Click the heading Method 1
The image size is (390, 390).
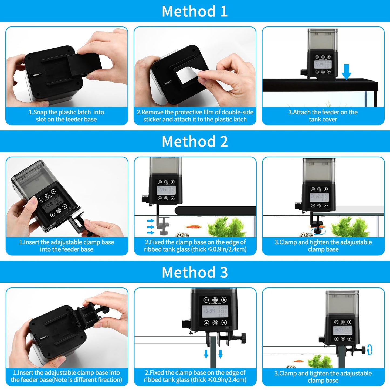point(195,11)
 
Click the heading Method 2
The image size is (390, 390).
point(195,141)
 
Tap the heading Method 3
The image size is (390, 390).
point(195,272)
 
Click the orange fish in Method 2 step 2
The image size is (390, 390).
point(194,227)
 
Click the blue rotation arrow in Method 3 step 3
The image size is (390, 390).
point(370,350)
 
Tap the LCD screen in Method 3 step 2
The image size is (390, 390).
point(215,311)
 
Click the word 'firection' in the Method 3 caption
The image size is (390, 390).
point(109,380)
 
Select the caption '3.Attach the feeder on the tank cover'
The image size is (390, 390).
point(323,116)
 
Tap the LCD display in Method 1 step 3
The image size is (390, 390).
point(323,64)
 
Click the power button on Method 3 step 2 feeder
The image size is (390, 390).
point(206,300)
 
